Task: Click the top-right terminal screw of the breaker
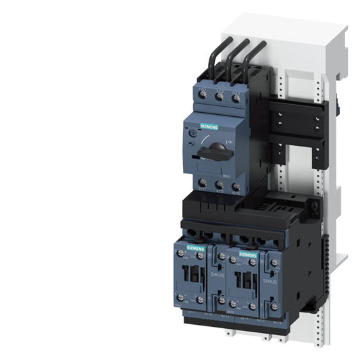(x=235, y=99)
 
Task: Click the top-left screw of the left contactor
(x=180, y=253)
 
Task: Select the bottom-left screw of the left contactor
(x=180, y=297)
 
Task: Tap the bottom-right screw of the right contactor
(x=254, y=305)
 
